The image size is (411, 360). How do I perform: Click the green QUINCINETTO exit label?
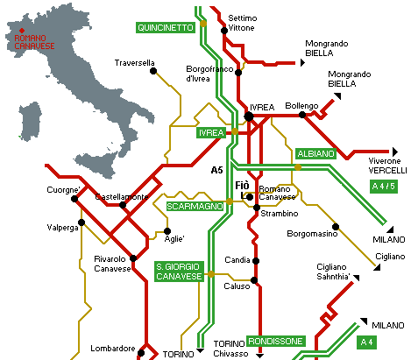pos(166,28)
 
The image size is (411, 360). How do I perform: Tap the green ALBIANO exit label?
pos(315,154)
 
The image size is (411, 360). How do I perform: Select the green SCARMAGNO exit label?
pos(195,207)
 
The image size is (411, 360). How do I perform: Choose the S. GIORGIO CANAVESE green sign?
pos(179,272)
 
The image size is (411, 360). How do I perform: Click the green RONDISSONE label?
pos(276,341)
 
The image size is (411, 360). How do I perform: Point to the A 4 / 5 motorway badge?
pos(384,186)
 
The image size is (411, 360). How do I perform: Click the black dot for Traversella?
pos(153,71)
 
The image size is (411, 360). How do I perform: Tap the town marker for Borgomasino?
pos(336,227)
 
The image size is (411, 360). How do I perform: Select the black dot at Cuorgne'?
pos(74,199)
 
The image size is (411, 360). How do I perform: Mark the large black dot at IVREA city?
pos(249,116)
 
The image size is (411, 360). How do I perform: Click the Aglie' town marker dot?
pos(167,231)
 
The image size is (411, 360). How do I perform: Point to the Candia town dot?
pos(256,261)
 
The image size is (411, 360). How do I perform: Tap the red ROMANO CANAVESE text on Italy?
pos(34,42)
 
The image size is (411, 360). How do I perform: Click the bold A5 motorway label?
pos(216,170)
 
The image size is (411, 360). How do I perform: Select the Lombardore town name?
pos(113,349)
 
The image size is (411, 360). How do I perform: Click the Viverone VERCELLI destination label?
pos(387,166)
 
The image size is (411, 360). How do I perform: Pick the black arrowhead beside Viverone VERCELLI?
pos(395,152)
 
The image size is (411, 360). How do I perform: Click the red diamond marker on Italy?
pos(22,31)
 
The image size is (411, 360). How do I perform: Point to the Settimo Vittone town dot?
pos(224,31)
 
